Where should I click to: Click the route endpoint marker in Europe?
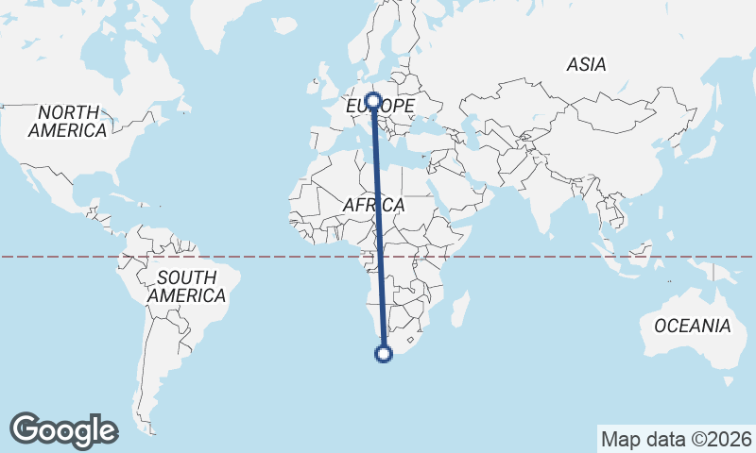click(x=374, y=100)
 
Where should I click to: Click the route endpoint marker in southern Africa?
click(x=384, y=354)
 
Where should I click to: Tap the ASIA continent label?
click(x=586, y=65)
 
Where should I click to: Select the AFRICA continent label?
click(x=373, y=205)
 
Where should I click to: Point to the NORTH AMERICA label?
click(x=67, y=122)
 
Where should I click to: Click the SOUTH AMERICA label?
click(x=186, y=287)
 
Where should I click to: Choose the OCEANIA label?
click(x=693, y=326)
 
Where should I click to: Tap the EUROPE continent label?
click(x=380, y=107)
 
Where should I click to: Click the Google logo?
click(x=63, y=429)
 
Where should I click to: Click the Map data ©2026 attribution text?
click(x=677, y=439)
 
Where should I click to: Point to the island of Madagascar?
click(x=460, y=311)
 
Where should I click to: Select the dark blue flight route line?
click(x=379, y=226)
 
